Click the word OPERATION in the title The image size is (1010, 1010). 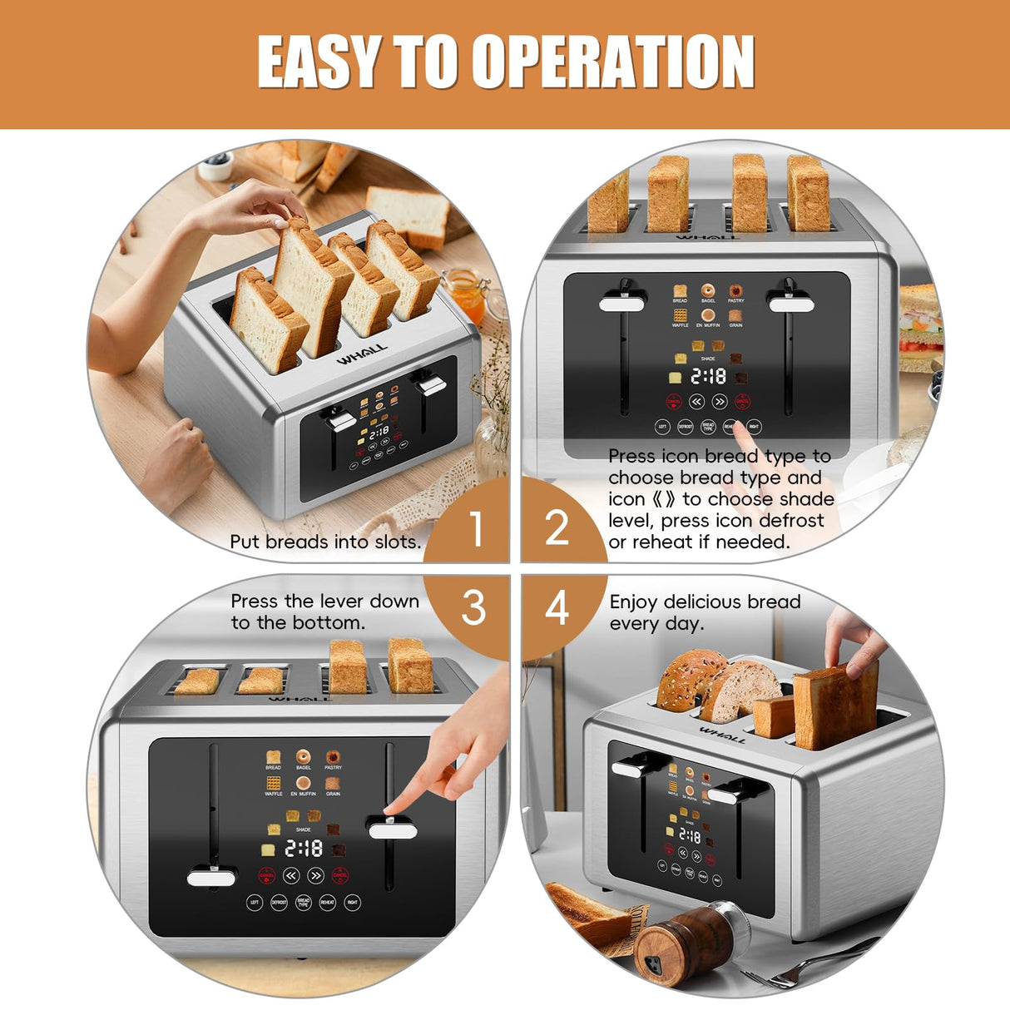[613, 62]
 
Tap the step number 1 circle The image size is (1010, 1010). [475, 528]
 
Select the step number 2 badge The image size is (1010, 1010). [556, 528]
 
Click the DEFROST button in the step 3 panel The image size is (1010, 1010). [279, 902]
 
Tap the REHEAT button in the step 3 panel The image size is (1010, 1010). [328, 902]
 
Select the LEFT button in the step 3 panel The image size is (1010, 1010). [255, 902]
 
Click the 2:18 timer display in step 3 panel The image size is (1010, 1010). [304, 849]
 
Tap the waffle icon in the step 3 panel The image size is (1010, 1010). [273, 783]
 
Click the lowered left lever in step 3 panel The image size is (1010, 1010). [211, 877]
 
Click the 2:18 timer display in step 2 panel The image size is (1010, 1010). [708, 377]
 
